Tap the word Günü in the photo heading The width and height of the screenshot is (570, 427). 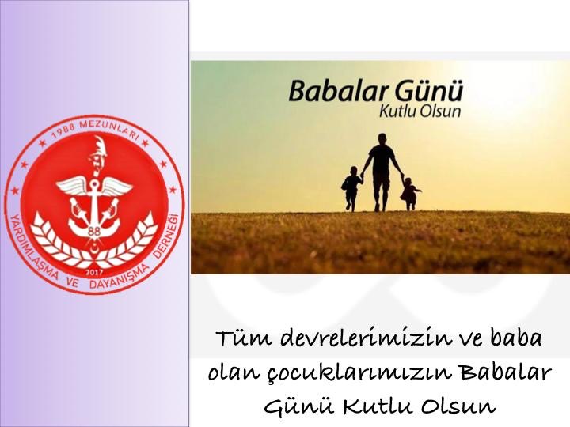(429, 90)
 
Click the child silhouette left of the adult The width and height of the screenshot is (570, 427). (351, 188)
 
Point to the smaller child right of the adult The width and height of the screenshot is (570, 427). (410, 194)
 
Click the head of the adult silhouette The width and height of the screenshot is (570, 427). (382, 138)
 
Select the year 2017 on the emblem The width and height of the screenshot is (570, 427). (93, 272)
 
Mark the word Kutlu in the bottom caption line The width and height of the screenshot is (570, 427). (376, 406)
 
